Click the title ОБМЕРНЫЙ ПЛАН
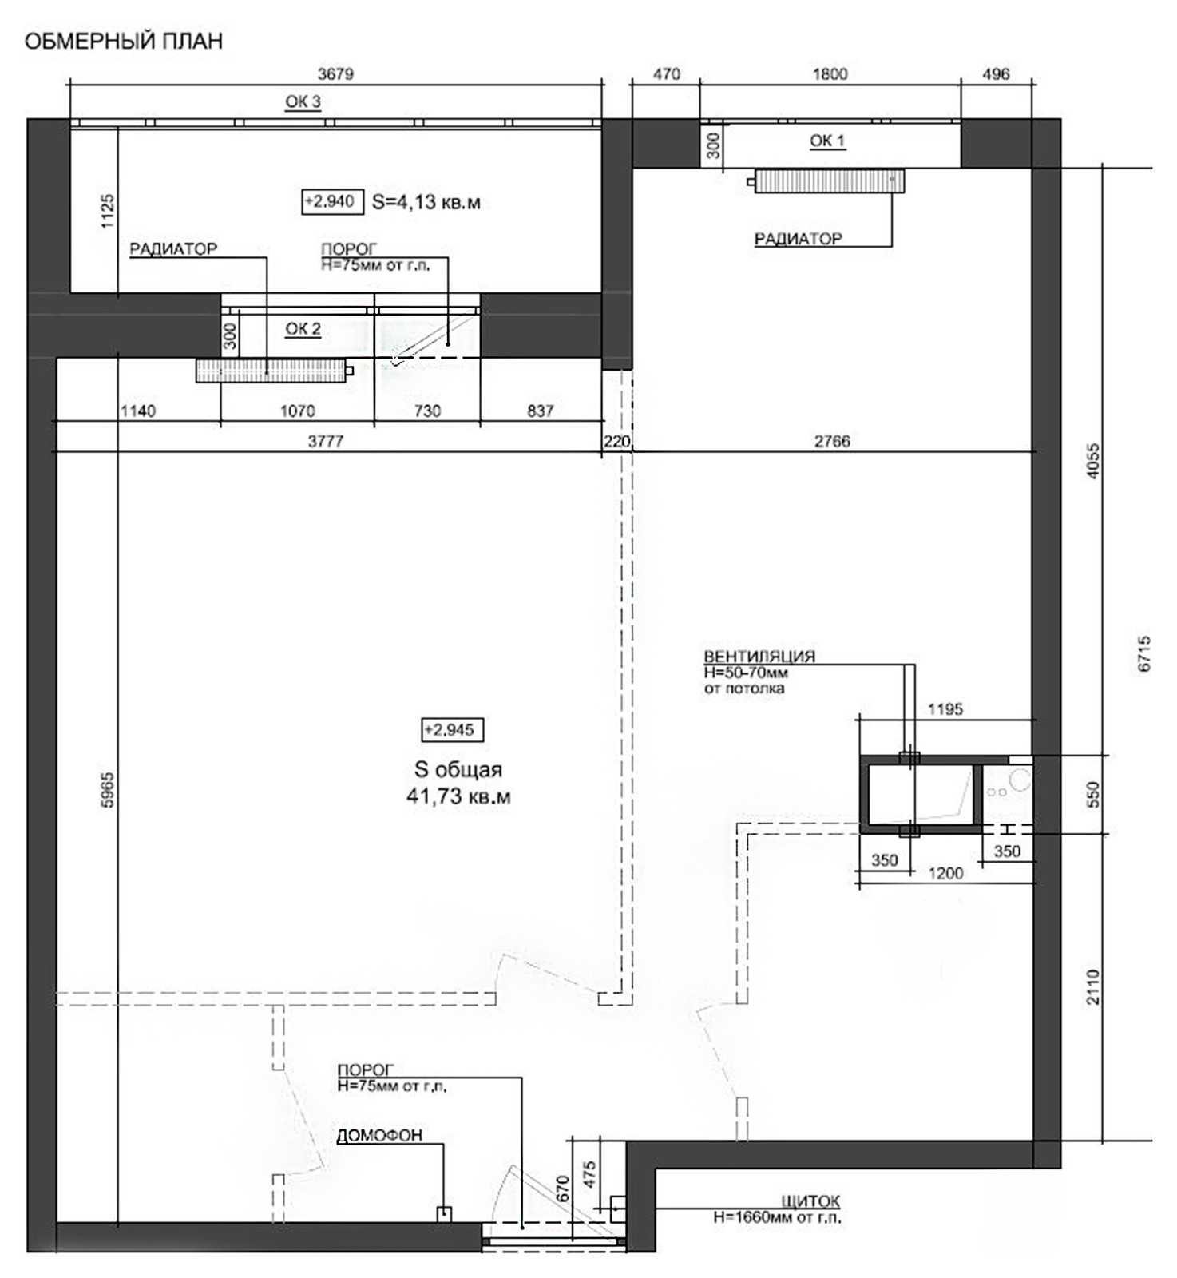pyautogui.click(x=124, y=41)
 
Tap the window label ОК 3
pyautogui.click(x=303, y=101)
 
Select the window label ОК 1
pyautogui.click(x=827, y=141)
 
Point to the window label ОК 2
pyautogui.click(x=303, y=328)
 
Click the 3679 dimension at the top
pyautogui.click(x=335, y=74)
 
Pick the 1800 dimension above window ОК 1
pyautogui.click(x=830, y=74)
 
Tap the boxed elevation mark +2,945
pyautogui.click(x=452, y=729)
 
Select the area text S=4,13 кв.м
pyautogui.click(x=426, y=202)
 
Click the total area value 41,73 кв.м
pyautogui.click(x=458, y=796)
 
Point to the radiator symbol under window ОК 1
pyautogui.click(x=830, y=181)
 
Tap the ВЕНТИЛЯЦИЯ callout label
pyautogui.click(x=759, y=656)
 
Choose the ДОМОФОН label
pyautogui.click(x=379, y=1135)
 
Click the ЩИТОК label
pyautogui.click(x=810, y=1201)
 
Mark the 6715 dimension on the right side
pyautogui.click(x=1144, y=653)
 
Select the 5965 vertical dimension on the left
pyautogui.click(x=108, y=790)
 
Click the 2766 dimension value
pyautogui.click(x=832, y=441)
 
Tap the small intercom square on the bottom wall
pyautogui.click(x=444, y=1214)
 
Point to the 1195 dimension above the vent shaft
pyautogui.click(x=945, y=708)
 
